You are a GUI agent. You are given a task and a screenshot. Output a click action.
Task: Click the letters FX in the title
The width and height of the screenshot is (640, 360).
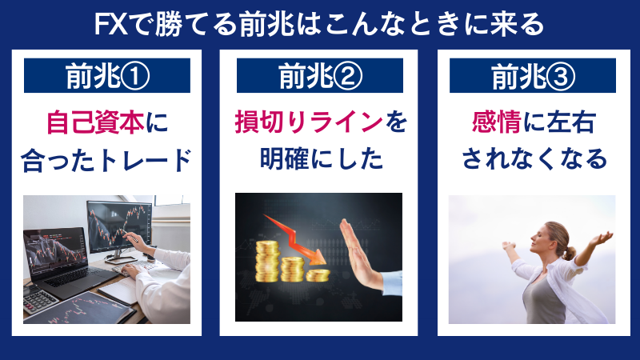pyautogui.click(x=108, y=23)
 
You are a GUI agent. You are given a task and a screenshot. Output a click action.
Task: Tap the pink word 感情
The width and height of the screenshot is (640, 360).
pyautogui.click(x=493, y=124)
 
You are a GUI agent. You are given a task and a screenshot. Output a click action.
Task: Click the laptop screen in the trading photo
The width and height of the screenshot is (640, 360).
pyautogui.click(x=54, y=251)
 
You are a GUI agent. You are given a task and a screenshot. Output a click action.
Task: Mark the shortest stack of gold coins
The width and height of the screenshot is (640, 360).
pyautogui.click(x=318, y=274)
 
